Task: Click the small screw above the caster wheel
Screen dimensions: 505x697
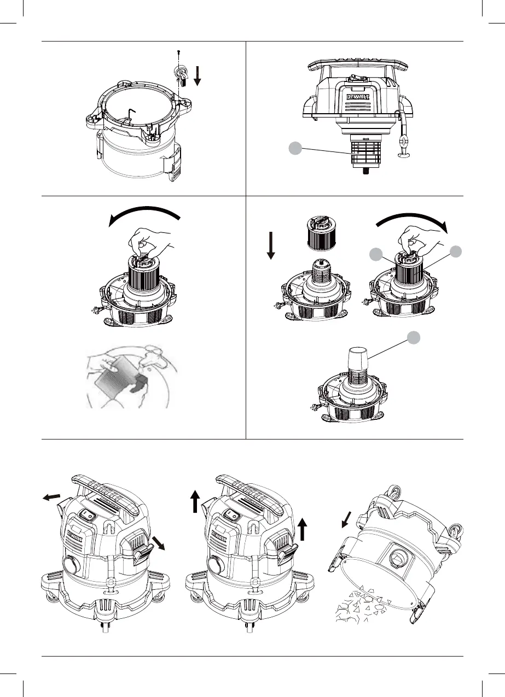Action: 178,51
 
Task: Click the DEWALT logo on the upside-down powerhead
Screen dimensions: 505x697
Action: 359,97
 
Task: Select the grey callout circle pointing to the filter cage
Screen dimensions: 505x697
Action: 295,148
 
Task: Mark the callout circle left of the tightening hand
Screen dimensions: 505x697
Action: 375,254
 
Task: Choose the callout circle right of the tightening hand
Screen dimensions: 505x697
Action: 455,251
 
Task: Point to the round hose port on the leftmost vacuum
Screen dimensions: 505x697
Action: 71,564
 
